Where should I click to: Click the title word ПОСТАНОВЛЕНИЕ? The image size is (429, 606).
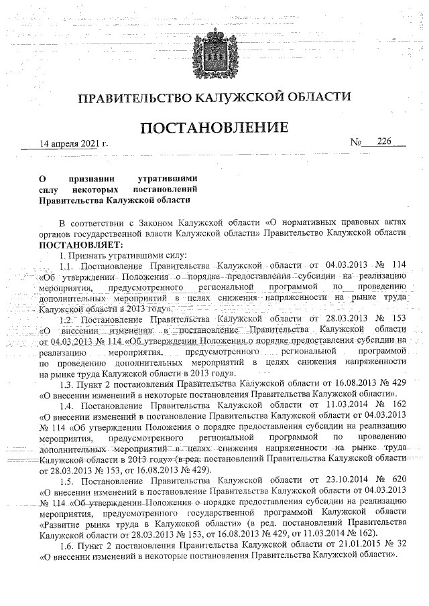pyautogui.click(x=214, y=127)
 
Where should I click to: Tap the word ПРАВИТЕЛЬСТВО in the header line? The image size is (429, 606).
pyautogui.click(x=134, y=99)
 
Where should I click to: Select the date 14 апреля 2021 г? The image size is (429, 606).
pyautogui.click(x=73, y=144)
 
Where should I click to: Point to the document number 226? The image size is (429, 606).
pyautogui.click(x=384, y=142)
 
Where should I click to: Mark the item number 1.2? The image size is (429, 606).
pyautogui.click(x=68, y=319)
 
